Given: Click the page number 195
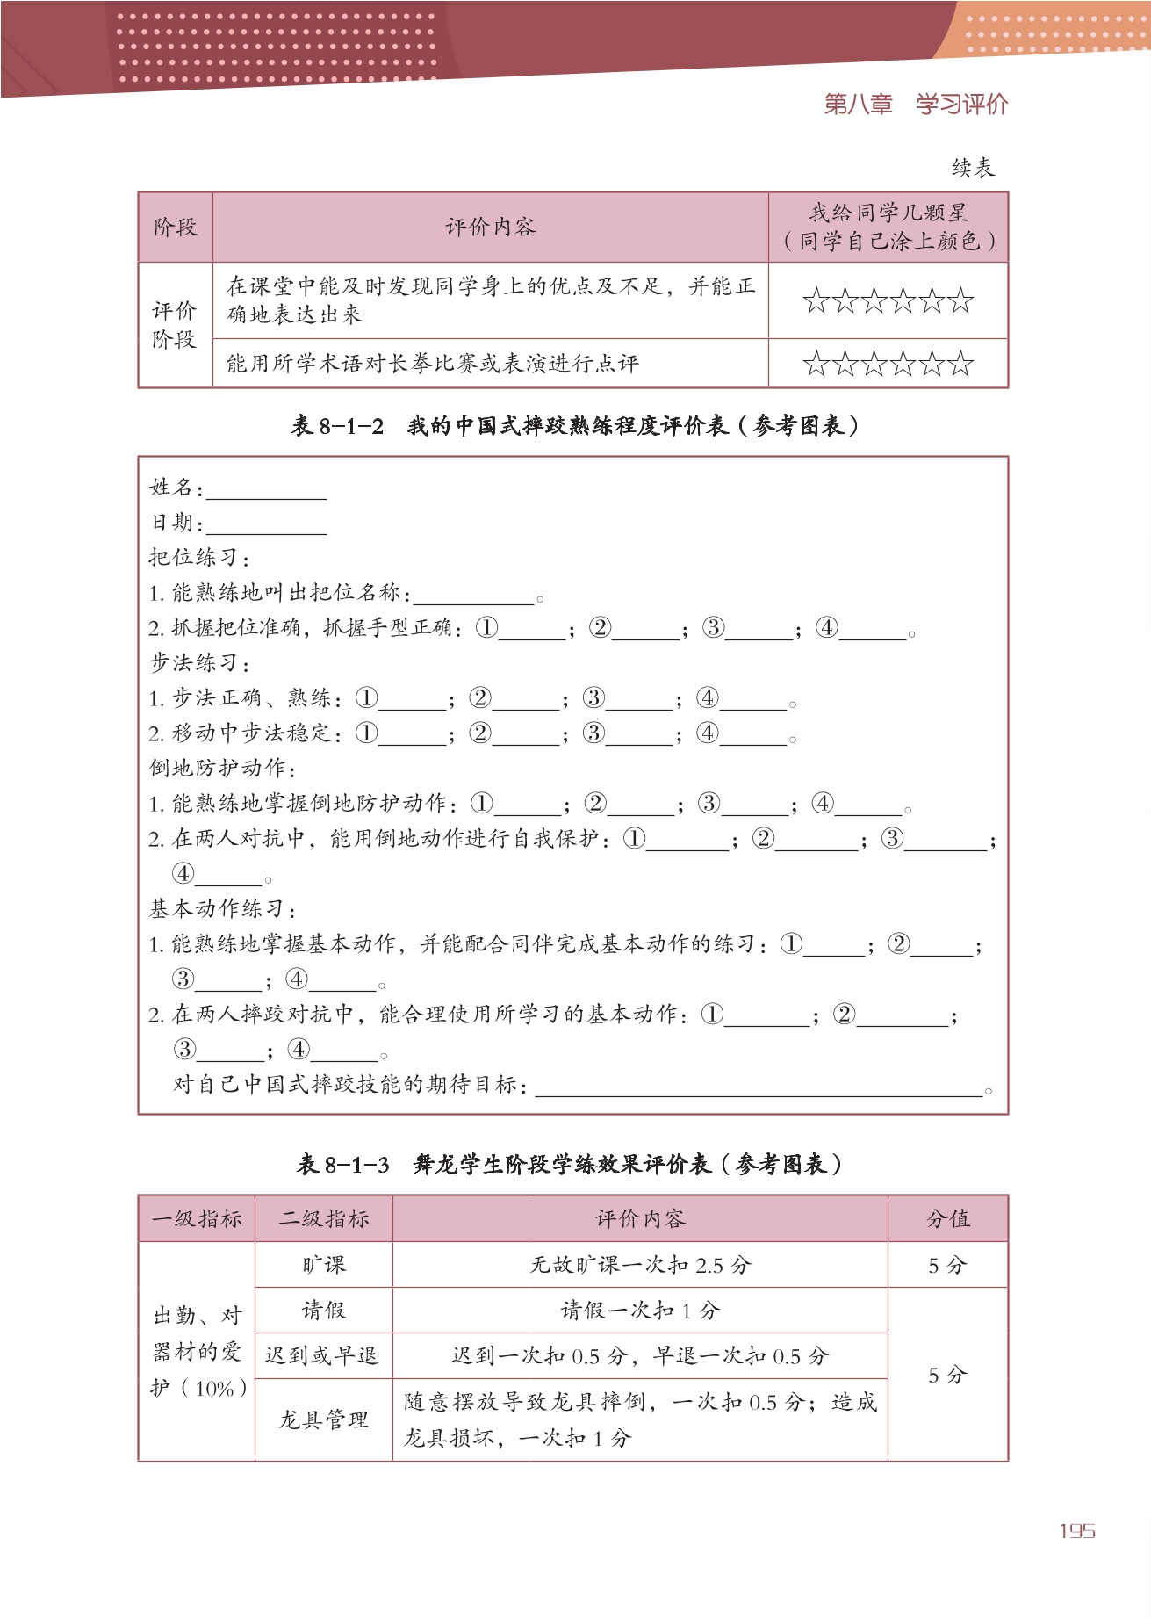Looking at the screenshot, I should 1076,1531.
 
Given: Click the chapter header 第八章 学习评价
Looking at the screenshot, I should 916,105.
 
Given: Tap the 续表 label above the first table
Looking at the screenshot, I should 973,168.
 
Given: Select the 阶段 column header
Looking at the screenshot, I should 176,228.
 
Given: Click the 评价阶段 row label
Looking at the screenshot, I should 175,325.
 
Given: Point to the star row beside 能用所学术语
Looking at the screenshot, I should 888,364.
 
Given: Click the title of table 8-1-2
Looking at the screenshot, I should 574,426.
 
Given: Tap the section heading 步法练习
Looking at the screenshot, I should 200,663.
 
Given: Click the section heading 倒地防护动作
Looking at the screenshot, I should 223,769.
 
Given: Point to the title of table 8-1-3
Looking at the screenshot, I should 569,1165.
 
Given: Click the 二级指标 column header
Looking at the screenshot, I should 323,1219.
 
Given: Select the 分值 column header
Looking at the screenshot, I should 947,1219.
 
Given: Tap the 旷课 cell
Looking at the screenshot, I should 323,1265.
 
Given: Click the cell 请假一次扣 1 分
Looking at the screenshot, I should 639,1311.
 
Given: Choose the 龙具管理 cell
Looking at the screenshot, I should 323,1419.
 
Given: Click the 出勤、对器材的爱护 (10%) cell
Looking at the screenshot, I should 197,1352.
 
